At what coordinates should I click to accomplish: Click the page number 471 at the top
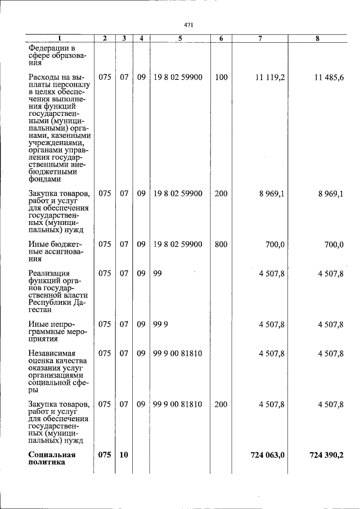[189, 25]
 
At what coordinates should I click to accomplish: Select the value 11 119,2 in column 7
[269, 77]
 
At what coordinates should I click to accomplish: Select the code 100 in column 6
[221, 77]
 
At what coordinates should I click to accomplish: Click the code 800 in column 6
[221, 244]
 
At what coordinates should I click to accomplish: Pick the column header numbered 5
[179, 38]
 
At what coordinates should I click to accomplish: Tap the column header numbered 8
[318, 38]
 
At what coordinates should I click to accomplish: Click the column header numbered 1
[60, 38]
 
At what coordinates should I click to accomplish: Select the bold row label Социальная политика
[52, 458]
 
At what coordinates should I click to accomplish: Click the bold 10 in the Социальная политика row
[124, 454]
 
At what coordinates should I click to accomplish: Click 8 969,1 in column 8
[330, 193]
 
